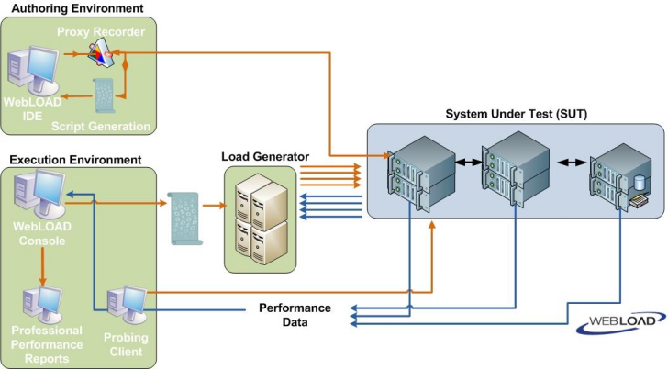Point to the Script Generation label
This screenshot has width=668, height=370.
coord(101,126)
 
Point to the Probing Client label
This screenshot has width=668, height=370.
coord(126,343)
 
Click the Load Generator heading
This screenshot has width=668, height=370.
coord(265,156)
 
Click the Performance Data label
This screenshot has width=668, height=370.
coord(295,315)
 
